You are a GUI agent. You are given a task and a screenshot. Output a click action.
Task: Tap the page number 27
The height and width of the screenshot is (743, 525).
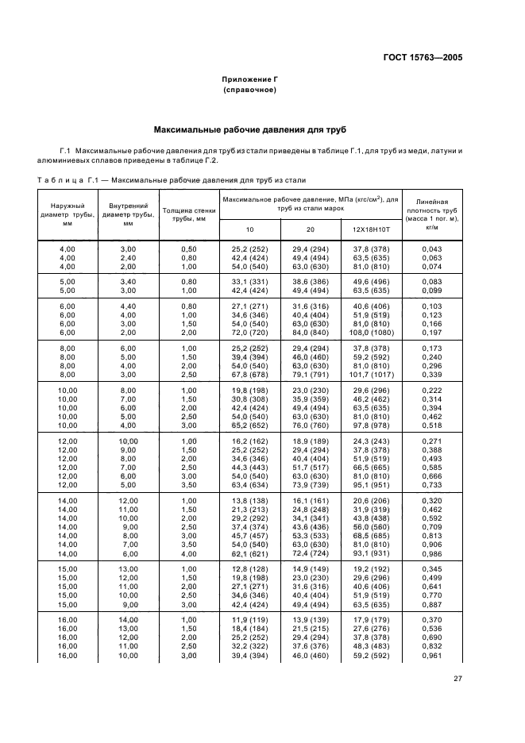pos(457,678)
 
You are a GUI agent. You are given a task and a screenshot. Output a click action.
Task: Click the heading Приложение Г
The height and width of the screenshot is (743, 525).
pos(249,80)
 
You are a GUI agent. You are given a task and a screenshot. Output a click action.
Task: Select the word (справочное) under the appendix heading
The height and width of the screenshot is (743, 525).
pos(249,90)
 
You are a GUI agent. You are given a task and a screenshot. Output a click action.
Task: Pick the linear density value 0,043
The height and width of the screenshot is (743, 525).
pos(432,249)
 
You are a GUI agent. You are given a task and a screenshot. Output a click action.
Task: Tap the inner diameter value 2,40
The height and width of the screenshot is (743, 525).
pos(128,257)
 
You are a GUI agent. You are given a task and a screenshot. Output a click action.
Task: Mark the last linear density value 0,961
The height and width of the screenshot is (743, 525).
pos(432,655)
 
